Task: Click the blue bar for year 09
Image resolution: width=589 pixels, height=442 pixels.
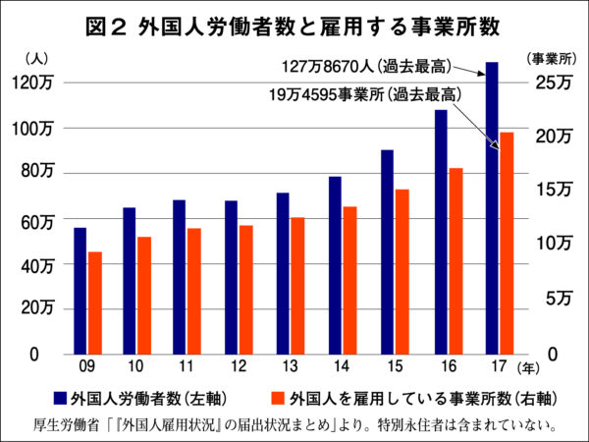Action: click(x=80, y=291)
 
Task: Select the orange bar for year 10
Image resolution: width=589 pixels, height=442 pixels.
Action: click(x=143, y=296)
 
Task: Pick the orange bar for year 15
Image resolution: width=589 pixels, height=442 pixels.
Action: click(x=402, y=271)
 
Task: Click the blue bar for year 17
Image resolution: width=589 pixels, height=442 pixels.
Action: click(x=491, y=207)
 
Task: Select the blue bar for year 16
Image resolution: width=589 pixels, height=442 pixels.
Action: click(x=441, y=232)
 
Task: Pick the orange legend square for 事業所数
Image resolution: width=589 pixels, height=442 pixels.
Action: click(x=278, y=399)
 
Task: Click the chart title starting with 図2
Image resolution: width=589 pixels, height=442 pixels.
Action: click(x=294, y=27)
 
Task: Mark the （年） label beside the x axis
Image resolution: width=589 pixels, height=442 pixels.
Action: click(x=529, y=368)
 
